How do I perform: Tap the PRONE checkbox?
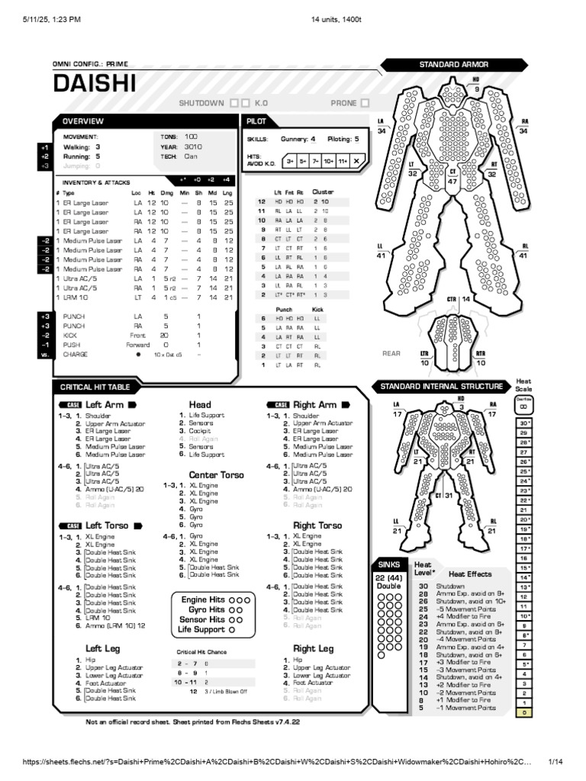tap(365, 102)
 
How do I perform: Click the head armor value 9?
tap(476, 89)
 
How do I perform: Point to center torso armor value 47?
tap(452, 182)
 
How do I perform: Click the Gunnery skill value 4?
tap(313, 140)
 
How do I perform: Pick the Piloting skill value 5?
tap(356, 140)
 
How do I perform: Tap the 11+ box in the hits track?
tap(343, 161)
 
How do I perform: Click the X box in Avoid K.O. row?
tap(357, 161)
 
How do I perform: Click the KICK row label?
tap(69, 335)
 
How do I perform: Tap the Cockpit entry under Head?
tap(200, 430)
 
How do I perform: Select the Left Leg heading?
tap(102, 648)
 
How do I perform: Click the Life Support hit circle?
tap(232, 630)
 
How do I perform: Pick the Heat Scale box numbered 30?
tap(524, 423)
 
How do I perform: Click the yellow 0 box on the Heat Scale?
tap(524, 712)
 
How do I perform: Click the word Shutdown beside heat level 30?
tap(447, 586)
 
